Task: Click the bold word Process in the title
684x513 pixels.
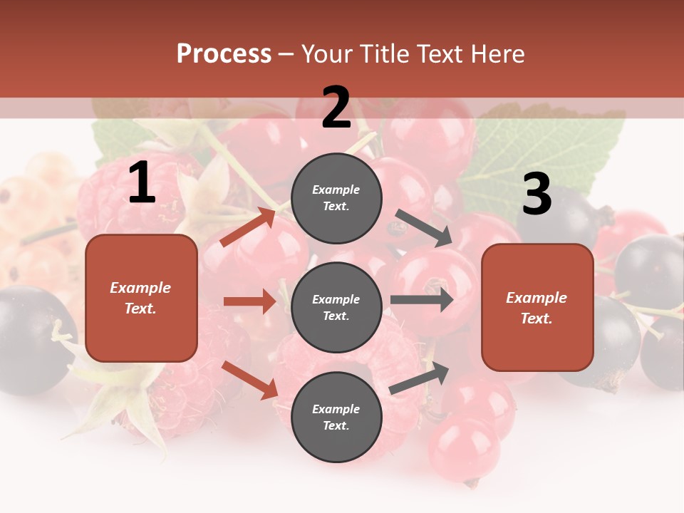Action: pyautogui.click(x=224, y=54)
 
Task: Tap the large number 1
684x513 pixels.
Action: pyautogui.click(x=142, y=183)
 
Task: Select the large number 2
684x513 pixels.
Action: pyautogui.click(x=336, y=108)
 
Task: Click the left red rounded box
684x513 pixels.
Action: pyautogui.click(x=141, y=298)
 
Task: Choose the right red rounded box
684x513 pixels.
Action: pyautogui.click(x=537, y=308)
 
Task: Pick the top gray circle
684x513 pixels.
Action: pyautogui.click(x=336, y=198)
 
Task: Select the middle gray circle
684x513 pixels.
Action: pyautogui.click(x=336, y=308)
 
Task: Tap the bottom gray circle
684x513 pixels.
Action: pyautogui.click(x=336, y=418)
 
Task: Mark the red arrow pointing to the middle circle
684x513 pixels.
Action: pyautogui.click(x=249, y=301)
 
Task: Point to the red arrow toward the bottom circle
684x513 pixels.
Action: pyautogui.click(x=250, y=380)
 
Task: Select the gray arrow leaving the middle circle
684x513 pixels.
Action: pyautogui.click(x=422, y=300)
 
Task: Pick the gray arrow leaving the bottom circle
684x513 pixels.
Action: pyautogui.click(x=420, y=378)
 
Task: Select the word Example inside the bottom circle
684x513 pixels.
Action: pyautogui.click(x=336, y=409)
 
